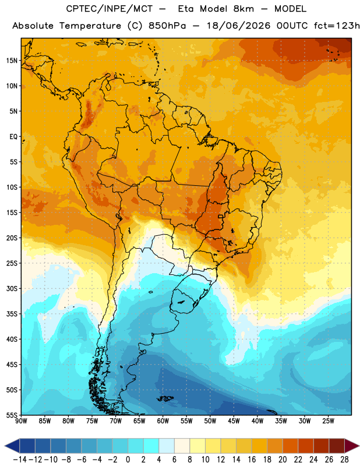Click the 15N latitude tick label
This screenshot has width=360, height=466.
pos(12,61)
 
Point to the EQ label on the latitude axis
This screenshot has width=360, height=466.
pos(13,137)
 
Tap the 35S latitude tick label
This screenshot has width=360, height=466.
pos(12,314)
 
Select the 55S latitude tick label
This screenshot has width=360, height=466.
pos(12,415)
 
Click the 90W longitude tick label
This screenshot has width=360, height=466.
pos(21,421)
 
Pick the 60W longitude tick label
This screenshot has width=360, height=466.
pos(163,421)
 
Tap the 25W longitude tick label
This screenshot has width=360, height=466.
pos(328,421)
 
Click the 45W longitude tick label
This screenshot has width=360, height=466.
pos(234,421)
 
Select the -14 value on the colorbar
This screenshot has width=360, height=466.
pos(20,460)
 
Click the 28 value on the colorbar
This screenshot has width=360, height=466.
pos(344,460)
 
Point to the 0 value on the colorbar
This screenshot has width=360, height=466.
pos(128,460)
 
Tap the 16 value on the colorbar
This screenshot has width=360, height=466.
pos(252,460)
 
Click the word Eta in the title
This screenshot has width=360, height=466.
pos(186,9)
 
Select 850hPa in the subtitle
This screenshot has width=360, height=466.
pos(167,26)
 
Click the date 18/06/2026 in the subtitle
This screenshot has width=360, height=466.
pos(238,26)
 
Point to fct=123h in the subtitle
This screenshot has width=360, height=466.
pos(337,26)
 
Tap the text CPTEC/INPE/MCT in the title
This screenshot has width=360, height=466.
pos(110,9)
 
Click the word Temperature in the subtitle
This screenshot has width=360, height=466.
pos(90,26)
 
